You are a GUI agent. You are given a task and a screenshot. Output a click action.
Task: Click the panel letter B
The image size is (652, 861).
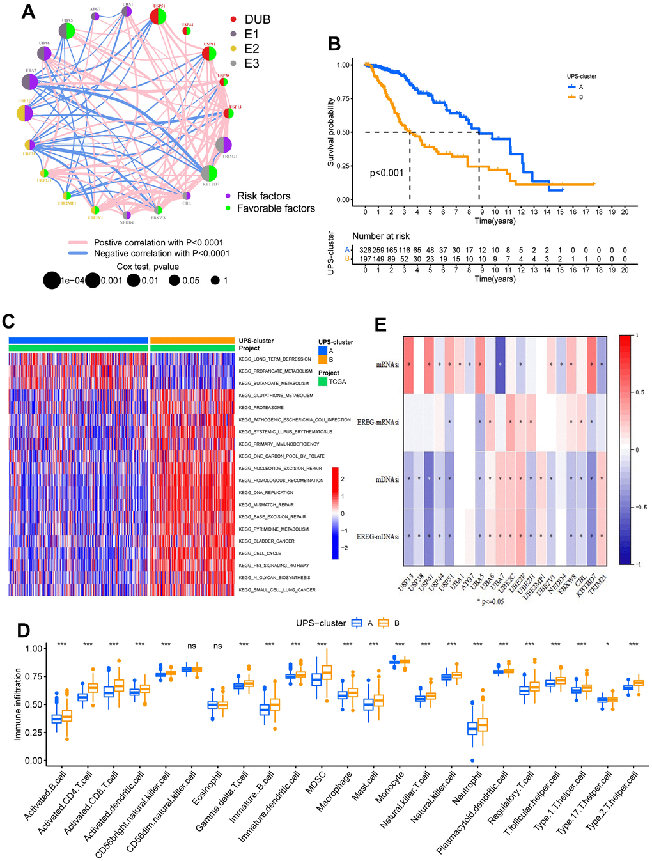coord(334,44)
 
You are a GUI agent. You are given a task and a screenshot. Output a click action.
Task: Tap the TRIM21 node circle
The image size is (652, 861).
coord(223,145)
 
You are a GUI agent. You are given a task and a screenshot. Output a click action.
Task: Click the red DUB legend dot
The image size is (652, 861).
coord(234,20)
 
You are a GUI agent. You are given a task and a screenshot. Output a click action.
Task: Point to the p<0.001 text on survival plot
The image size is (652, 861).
coord(387,173)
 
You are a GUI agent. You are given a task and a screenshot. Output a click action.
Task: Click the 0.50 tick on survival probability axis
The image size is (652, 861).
coord(343,132)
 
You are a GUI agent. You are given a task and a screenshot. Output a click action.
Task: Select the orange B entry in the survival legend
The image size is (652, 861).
coord(573,97)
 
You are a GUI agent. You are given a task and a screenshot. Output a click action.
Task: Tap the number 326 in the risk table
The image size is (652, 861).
coord(364,251)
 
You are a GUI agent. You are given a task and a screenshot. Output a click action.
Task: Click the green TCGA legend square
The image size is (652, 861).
coord(323,382)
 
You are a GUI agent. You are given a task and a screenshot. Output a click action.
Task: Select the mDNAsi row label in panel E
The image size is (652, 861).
coord(387,479)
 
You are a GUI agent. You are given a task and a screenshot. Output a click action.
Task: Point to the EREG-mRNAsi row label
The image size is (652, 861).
coord(378,422)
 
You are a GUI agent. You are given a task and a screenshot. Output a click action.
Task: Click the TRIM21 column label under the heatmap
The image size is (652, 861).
coord(598,580)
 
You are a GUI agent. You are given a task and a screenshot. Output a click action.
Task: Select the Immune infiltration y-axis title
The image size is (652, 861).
coord(18,704)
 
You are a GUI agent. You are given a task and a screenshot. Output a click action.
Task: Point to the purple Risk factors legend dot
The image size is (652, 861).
coord(228,196)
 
